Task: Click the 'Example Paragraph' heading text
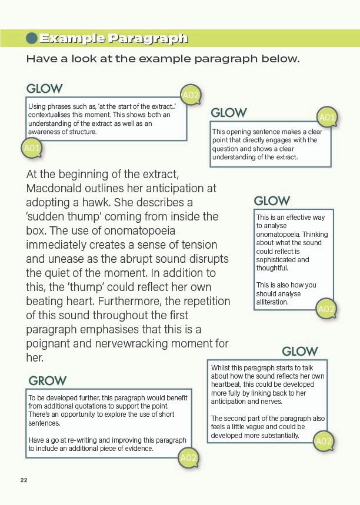tap(114, 39)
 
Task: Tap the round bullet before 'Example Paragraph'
tap(32, 39)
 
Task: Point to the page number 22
tap(24, 480)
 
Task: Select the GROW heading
tap(48, 380)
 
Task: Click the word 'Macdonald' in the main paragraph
tap(54, 189)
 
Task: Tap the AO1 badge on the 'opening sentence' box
tap(327, 118)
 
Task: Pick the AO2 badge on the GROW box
tap(188, 457)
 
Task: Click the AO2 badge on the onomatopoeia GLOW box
tap(326, 309)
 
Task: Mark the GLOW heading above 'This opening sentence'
tap(229, 112)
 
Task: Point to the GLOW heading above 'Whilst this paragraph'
tap(300, 351)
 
